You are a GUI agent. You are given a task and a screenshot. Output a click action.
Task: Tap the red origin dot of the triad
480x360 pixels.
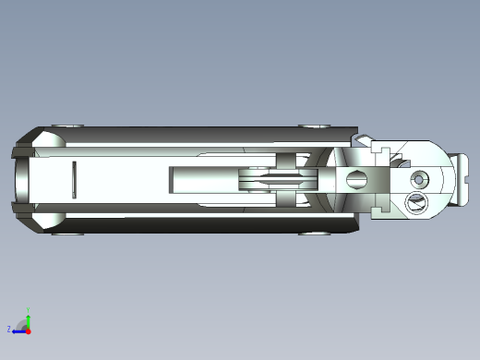28,329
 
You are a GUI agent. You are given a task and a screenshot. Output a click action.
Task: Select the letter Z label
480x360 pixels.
9,329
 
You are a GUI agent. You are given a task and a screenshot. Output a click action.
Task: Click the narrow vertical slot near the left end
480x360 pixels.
74,179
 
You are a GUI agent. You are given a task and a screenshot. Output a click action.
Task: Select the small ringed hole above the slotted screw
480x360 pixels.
422,177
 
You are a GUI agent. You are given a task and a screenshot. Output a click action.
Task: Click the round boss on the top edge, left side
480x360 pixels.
66,125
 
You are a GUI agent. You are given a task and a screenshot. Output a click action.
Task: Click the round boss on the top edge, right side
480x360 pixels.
313,125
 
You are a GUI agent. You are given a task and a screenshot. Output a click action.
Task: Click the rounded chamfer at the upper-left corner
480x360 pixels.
46,139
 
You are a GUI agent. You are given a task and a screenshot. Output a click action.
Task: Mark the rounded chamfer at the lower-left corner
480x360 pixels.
46,219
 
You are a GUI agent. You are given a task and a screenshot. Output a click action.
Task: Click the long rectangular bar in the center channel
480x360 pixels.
203,179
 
